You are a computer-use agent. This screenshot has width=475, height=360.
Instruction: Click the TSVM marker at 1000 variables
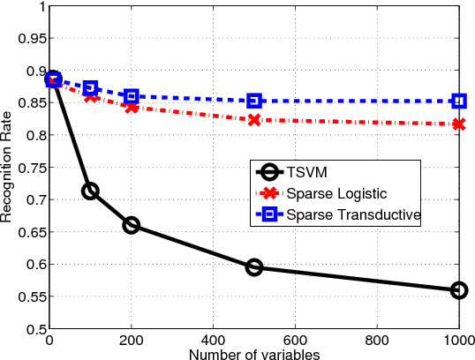(458, 290)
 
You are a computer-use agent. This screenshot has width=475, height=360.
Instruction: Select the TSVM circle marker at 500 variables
(253, 266)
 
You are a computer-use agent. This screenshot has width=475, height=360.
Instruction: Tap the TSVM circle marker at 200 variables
(131, 225)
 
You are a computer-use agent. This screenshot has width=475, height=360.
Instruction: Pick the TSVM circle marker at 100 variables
(90, 191)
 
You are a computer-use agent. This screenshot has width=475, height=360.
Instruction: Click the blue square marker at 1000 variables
(458, 101)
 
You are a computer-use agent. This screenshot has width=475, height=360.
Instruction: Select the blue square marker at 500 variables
(253, 101)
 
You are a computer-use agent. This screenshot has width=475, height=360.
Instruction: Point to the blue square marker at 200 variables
(131, 96)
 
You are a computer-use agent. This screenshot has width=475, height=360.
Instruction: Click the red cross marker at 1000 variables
(458, 124)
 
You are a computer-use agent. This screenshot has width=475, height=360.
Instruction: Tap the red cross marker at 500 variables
(253, 120)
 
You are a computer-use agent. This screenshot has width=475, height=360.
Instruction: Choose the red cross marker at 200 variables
(131, 107)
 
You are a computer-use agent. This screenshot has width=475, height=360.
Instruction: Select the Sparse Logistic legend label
(336, 193)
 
